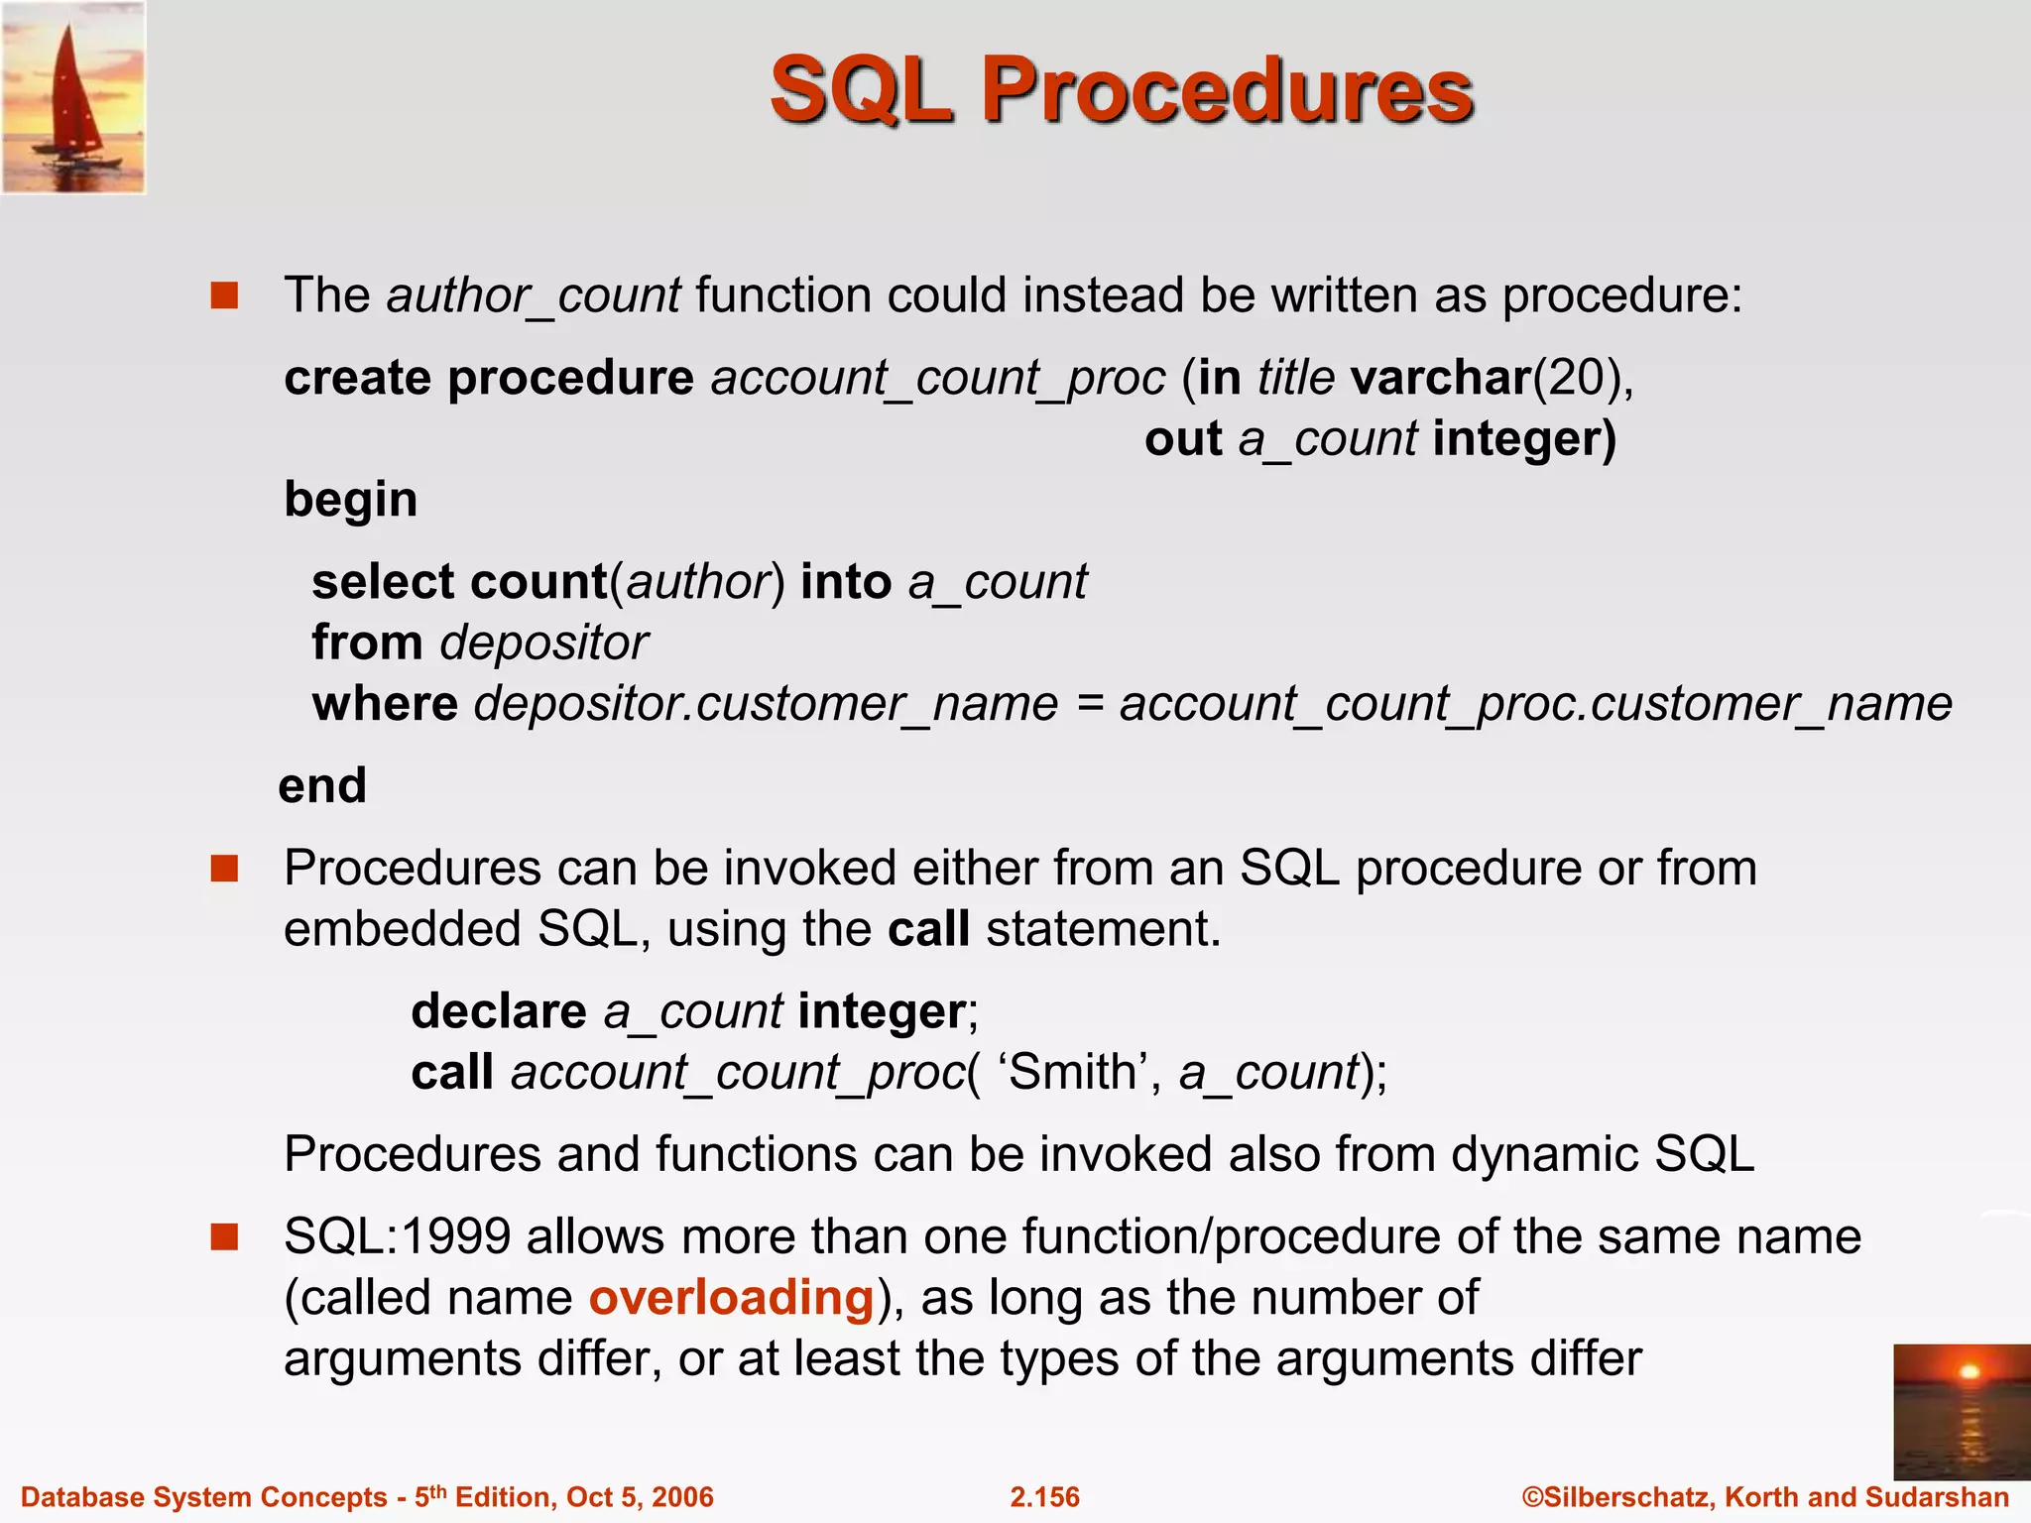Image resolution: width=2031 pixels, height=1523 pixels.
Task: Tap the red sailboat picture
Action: coord(73,97)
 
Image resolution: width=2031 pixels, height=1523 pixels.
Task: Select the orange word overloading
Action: coord(731,1298)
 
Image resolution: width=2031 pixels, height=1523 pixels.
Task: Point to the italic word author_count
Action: coord(534,296)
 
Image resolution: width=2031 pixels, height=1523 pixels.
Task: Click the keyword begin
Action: coord(350,500)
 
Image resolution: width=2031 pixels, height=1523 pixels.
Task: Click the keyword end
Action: coord(322,785)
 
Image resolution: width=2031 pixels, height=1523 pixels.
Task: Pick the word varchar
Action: coord(1441,378)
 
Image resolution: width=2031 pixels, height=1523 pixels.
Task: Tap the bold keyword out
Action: coord(1182,438)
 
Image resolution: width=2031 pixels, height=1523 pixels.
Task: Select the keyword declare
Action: coord(499,1011)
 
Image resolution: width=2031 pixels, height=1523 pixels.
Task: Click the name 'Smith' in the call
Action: coord(1072,1072)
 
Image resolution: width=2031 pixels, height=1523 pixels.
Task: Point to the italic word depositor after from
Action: coord(544,643)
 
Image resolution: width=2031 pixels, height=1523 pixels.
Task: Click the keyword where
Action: coord(385,704)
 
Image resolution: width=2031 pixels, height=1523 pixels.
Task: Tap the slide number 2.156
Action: coord(1044,1497)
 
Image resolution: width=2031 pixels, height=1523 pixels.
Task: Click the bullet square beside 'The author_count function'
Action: coord(225,296)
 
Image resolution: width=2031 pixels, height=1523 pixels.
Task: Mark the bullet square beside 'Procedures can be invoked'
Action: coord(225,869)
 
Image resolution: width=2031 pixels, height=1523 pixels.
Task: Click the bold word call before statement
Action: coord(928,930)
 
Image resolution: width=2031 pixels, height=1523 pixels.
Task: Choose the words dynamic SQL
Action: coord(1603,1155)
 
